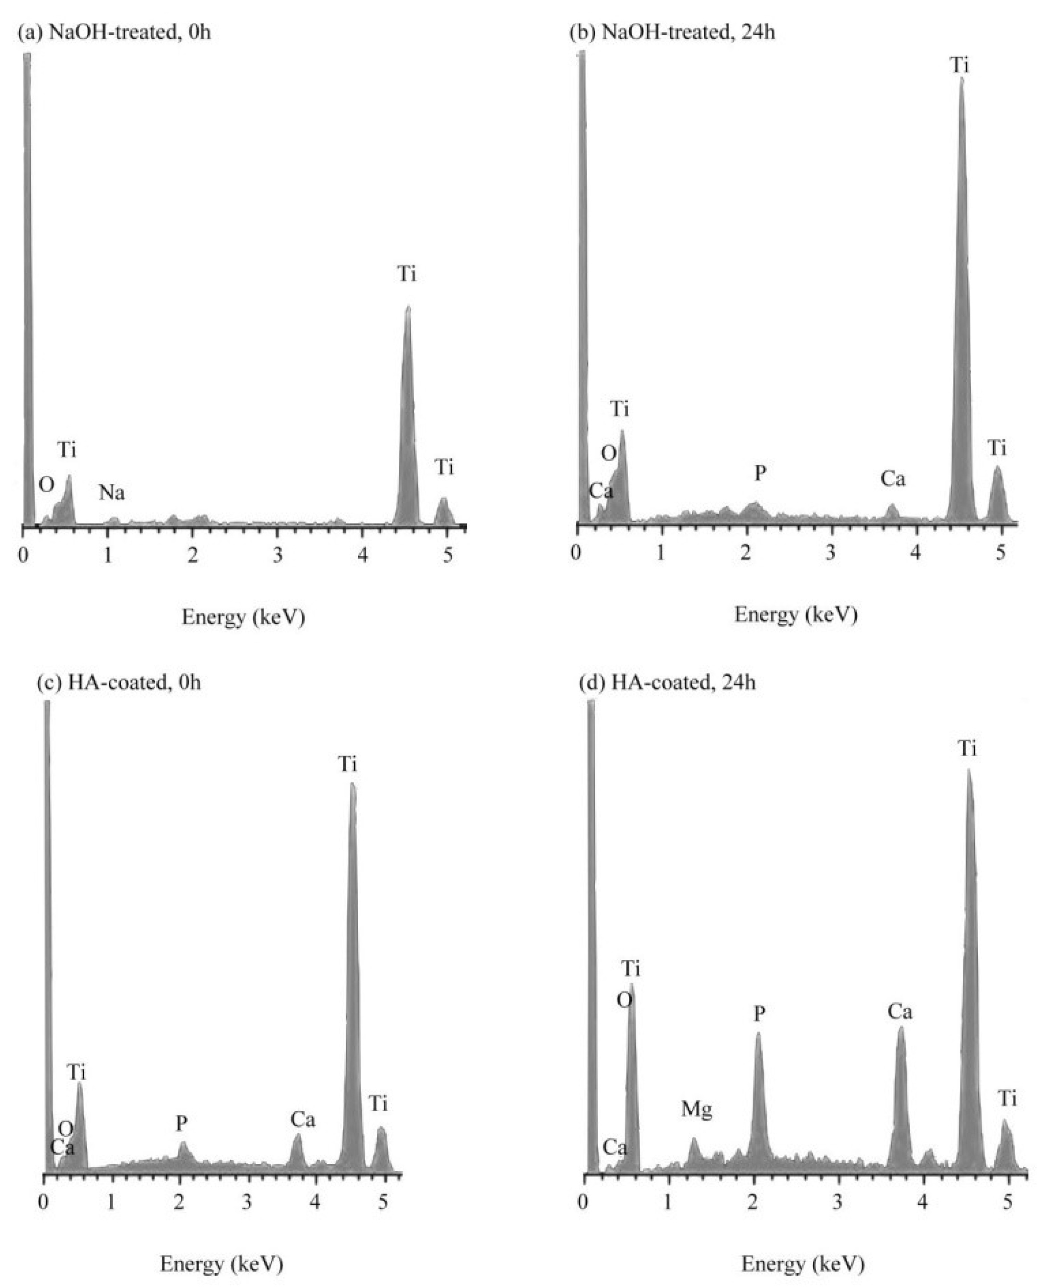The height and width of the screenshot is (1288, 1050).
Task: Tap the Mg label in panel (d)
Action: point(697,1109)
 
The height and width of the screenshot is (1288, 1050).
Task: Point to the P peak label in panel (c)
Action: point(181,1124)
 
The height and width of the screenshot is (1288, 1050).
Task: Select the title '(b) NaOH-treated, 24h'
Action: point(673,32)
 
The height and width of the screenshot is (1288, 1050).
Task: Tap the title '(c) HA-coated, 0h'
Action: point(118,683)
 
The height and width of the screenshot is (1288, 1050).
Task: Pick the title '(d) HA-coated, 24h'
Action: point(668,683)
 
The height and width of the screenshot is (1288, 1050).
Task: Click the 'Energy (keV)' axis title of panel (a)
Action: point(243,617)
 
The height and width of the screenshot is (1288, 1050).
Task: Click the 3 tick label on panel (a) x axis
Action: point(278,556)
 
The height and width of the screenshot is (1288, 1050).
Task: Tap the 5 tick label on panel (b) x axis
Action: point(1001,552)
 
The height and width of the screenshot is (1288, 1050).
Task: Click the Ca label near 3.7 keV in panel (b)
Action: point(893,479)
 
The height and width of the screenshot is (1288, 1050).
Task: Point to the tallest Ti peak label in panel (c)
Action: point(348,764)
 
